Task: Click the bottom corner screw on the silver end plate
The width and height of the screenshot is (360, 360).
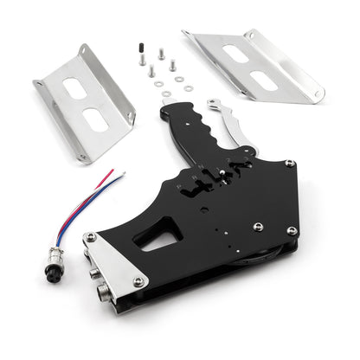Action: point(138,282)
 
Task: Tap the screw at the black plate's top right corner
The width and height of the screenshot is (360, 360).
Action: point(289,164)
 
